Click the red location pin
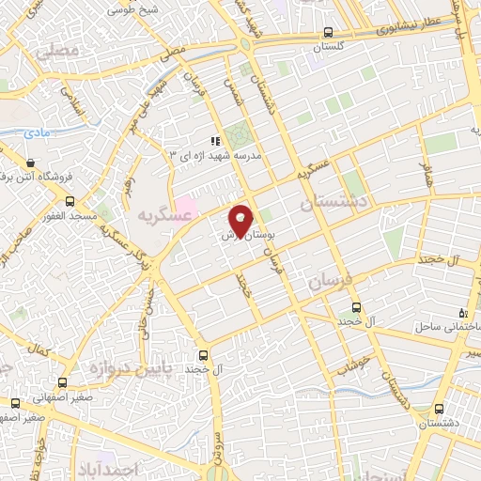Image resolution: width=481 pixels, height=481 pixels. tap(240, 218)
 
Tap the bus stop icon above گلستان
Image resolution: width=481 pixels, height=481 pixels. tap(327, 30)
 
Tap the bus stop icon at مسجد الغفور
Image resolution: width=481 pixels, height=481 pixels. tap(70, 201)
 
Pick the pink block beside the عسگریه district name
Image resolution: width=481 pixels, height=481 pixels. tap(186, 204)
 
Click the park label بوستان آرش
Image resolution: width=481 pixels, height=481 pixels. tap(240, 237)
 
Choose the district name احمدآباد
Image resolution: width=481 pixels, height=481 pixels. tap(137, 468)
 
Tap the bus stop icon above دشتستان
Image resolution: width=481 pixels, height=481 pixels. tap(442, 408)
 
